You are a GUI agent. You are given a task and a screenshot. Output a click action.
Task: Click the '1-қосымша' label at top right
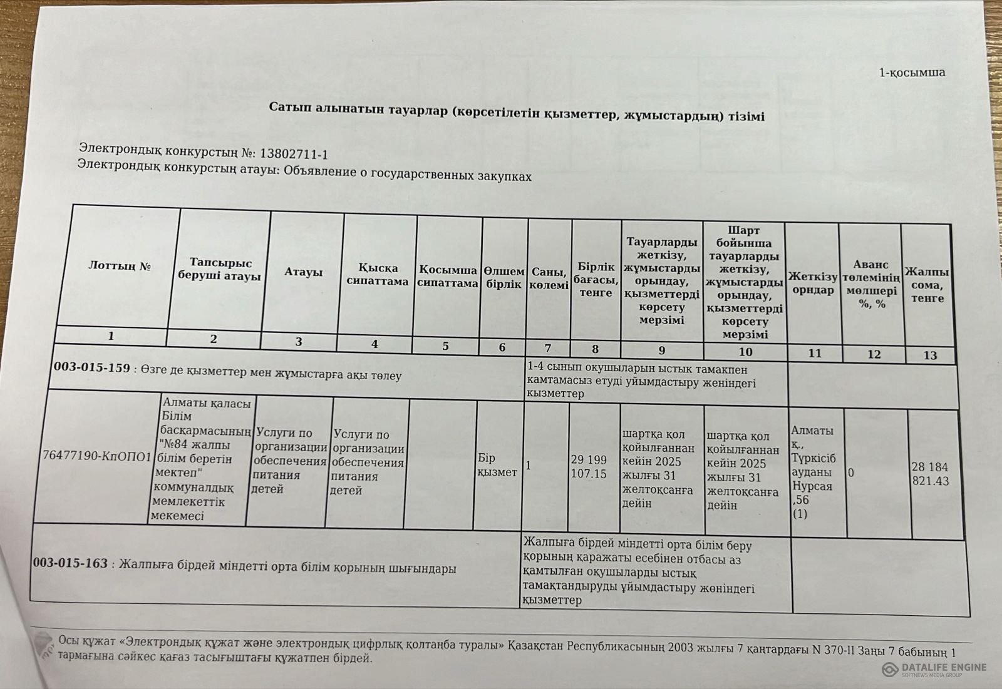pos(912,73)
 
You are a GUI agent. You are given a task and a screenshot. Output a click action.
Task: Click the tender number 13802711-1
pos(293,154)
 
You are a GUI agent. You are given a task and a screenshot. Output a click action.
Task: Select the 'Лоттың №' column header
pos(120,266)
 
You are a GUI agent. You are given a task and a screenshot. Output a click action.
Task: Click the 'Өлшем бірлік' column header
pos(504,278)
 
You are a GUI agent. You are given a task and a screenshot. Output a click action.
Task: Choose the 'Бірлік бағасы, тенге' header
pos(596,280)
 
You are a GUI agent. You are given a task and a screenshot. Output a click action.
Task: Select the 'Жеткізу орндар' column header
pos(813,283)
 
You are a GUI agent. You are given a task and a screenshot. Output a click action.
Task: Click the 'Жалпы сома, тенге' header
pos(927,285)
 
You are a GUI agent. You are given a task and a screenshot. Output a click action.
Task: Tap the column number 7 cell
pos(548,348)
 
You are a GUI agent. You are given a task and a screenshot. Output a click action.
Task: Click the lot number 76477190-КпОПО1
pos(97,456)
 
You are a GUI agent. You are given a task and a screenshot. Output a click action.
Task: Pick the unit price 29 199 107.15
pos(589,467)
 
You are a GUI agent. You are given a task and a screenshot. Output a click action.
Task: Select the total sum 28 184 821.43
pos(930,474)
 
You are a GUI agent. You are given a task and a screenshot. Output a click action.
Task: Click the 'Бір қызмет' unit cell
pos(497,465)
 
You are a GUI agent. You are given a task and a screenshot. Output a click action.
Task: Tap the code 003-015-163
pos(70,563)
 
